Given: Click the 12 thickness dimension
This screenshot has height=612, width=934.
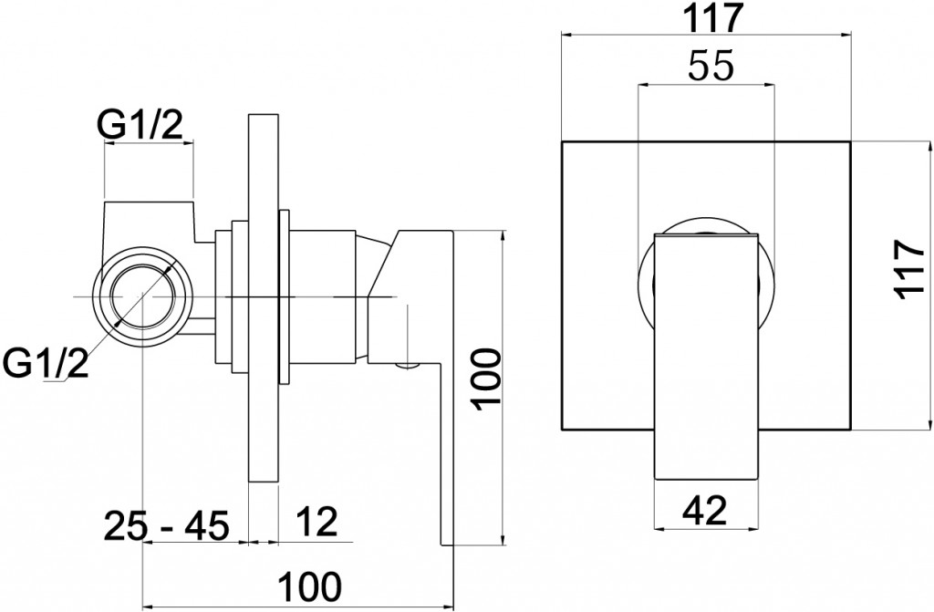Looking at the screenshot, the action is [316, 522].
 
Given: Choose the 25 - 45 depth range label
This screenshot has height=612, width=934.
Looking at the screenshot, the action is [166, 525].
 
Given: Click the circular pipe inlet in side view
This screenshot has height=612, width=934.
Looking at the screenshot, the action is [143, 296].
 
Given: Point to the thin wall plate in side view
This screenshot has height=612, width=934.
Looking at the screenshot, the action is [263, 297].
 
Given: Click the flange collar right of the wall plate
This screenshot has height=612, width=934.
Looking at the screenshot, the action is [285, 296].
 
